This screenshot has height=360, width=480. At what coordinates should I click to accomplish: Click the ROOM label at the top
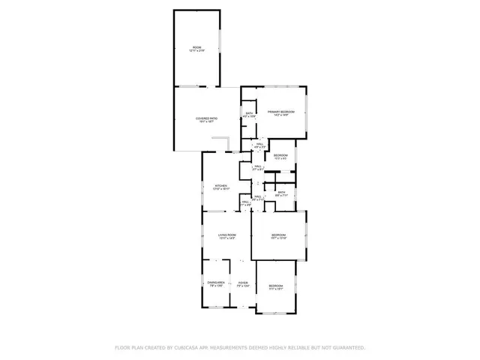(x=196, y=46)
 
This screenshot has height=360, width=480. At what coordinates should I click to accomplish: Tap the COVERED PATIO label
(x=207, y=118)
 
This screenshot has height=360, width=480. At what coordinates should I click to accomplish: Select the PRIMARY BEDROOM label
(x=281, y=112)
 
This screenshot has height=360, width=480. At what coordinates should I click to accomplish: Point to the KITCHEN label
(x=221, y=185)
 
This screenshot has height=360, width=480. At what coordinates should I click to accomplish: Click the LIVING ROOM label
(x=227, y=235)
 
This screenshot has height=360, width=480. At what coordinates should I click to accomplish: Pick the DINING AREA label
(x=217, y=281)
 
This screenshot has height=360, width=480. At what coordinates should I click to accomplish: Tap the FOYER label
(x=243, y=281)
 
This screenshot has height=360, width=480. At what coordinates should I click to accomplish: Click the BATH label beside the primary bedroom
(x=249, y=113)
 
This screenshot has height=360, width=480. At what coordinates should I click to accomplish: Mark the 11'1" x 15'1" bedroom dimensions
(x=276, y=289)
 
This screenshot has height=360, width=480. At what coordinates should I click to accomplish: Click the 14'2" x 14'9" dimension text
(x=281, y=115)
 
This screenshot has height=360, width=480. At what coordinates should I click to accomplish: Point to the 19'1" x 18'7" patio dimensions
(x=207, y=121)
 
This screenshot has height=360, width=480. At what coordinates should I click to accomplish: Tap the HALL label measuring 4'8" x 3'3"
(x=259, y=147)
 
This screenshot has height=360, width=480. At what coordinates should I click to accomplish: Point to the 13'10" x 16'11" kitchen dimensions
(x=221, y=189)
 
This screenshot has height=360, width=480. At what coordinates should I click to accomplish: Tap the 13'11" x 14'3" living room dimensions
(x=227, y=239)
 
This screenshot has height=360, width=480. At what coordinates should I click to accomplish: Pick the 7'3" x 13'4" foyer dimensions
(x=243, y=285)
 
